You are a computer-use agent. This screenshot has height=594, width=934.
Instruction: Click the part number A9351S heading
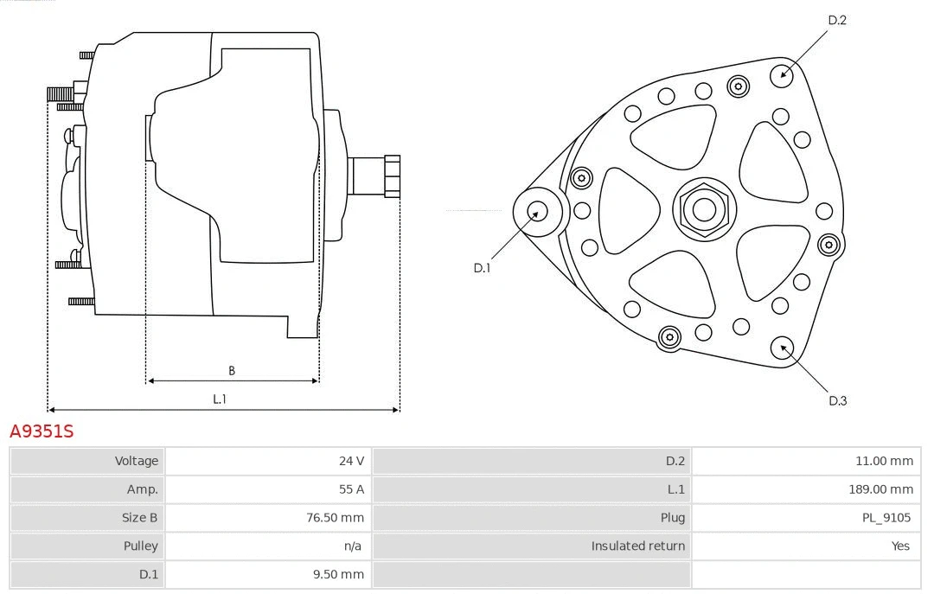tap(42, 431)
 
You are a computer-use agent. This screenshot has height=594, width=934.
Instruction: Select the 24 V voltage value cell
tap(351, 461)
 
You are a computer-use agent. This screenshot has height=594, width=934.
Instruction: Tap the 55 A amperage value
tap(351, 489)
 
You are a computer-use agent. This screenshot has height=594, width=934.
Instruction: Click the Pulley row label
tap(141, 546)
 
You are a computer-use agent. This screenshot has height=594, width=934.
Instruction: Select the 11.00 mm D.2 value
tap(884, 461)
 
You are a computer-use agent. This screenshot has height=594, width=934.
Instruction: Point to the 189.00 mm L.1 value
tap(880, 489)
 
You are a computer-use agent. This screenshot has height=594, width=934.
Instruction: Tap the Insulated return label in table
tap(637, 546)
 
